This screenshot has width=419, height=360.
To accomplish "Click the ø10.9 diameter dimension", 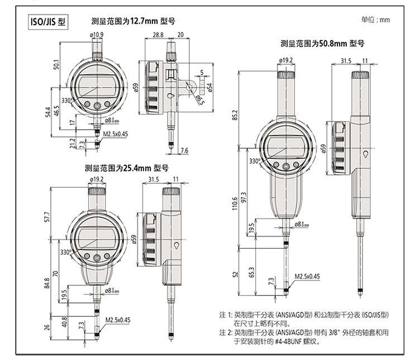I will (x=97, y=35).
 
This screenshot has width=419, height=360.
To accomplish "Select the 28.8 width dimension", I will (x=157, y=35).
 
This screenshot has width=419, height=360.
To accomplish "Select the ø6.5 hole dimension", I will (x=199, y=100).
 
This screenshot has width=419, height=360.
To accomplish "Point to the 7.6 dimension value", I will (x=185, y=150).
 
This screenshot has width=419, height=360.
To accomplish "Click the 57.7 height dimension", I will (x=47, y=216).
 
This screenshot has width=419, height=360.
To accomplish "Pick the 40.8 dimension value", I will (x=65, y=322).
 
